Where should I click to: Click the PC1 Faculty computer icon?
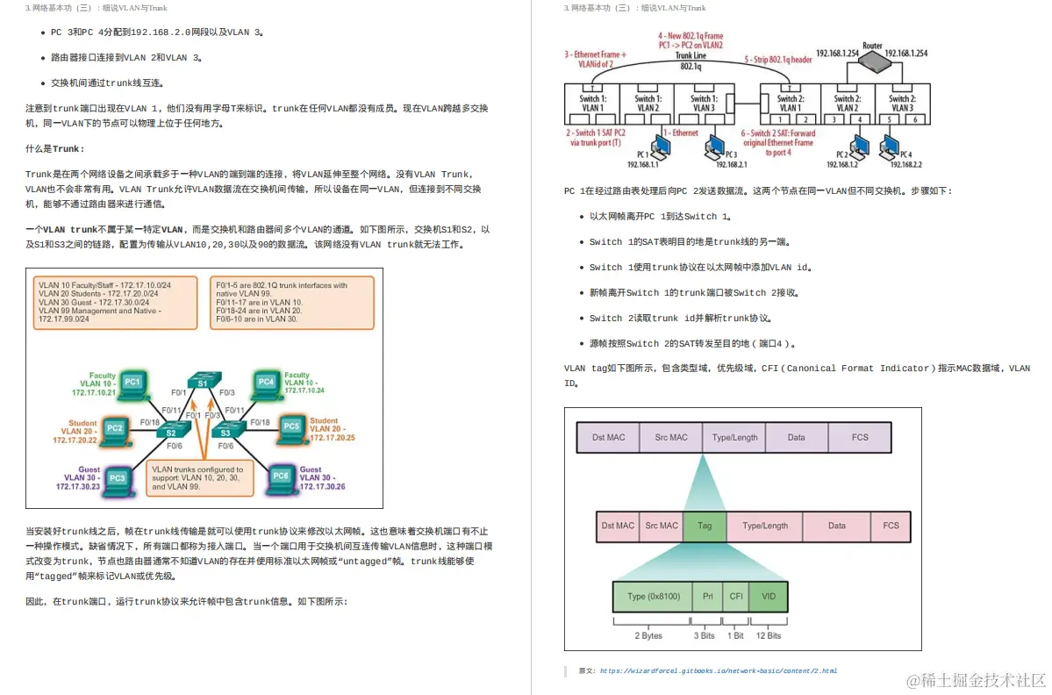132,383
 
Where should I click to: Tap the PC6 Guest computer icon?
281,476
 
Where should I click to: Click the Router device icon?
873,60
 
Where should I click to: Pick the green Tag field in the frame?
705,526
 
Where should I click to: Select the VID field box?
769,597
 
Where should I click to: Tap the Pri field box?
707,597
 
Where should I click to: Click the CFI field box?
736,597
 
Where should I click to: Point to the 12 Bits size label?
768,635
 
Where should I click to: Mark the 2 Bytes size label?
649,635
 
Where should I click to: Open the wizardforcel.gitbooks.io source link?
718,671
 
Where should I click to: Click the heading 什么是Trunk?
54,149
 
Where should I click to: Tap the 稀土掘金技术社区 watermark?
977,680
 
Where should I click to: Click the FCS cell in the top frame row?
860,437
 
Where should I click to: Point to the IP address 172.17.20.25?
333,437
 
